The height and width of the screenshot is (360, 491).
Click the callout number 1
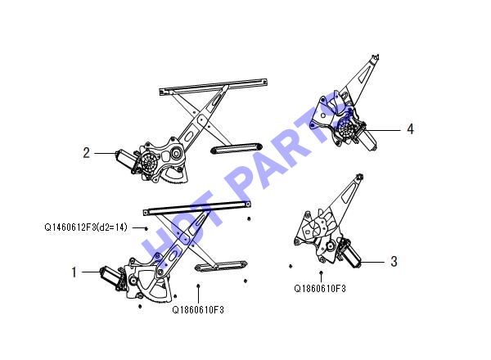[74, 272]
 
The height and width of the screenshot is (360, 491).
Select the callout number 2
[87, 153]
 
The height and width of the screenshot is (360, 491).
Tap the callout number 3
[394, 261]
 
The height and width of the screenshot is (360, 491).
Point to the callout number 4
[410, 129]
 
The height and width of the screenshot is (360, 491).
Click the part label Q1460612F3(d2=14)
[86, 227]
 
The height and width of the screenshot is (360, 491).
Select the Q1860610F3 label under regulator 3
[320, 288]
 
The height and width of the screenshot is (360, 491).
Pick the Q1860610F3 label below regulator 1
[198, 310]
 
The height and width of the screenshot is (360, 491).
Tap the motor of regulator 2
[125, 159]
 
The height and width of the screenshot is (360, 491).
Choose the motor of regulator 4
[367, 138]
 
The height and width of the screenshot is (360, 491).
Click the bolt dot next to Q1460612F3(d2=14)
[146, 228]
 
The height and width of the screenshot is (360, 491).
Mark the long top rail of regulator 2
[214, 87]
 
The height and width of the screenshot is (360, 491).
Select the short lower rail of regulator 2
[236, 148]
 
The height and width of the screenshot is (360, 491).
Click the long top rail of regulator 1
[197, 208]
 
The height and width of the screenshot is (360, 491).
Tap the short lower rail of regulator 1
[221, 266]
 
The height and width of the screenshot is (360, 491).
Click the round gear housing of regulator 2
[150, 162]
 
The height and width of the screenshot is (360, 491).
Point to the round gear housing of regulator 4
[346, 128]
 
